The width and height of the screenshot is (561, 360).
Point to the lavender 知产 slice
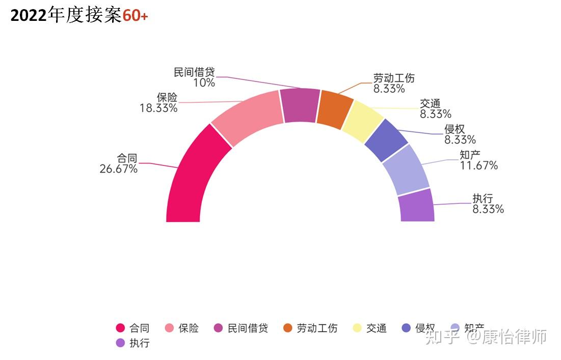click(406, 169)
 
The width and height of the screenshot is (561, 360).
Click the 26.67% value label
click(118, 169)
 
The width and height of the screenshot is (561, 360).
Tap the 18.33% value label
click(158, 108)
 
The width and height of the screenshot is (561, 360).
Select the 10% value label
click(204, 82)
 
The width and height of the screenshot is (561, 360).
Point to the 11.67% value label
click(478, 165)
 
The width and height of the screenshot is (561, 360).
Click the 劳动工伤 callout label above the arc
click(394, 78)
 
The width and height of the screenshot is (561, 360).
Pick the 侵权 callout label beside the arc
click(455, 129)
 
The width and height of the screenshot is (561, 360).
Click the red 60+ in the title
click(135, 16)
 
